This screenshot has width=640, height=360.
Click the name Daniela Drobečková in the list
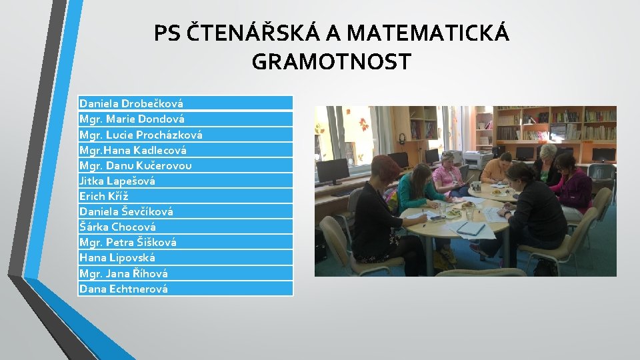[131, 103]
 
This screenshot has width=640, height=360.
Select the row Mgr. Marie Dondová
[132, 119]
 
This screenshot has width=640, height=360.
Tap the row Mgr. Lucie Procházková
[141, 134]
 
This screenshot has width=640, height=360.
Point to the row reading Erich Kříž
[104, 196]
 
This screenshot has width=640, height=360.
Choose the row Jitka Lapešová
[117, 181]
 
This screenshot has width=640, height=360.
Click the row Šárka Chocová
[117, 227]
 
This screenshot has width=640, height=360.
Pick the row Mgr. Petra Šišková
[128, 242]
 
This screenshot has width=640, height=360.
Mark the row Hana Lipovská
[117, 257]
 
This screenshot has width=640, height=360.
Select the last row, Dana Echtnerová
[123, 289]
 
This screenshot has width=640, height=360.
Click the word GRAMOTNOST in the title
[331, 62]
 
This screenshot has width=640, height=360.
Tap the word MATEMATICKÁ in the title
[428, 33]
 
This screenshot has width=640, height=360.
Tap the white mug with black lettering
[477, 187]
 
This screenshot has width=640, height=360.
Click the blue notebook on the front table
[472, 228]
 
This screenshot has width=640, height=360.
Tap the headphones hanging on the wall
[402, 139]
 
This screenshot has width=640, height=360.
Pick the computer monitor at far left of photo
[332, 172]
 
